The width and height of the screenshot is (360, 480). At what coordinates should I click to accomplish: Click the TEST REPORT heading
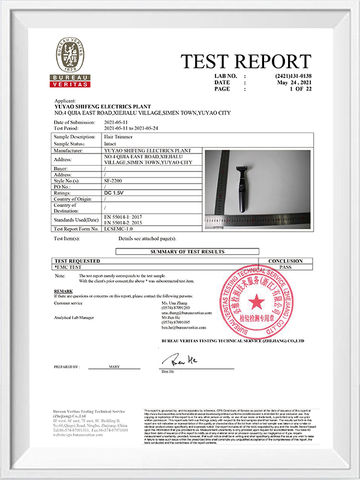pyautogui.click(x=246, y=61)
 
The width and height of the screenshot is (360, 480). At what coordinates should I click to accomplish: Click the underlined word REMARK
pyautogui.click(x=63, y=290)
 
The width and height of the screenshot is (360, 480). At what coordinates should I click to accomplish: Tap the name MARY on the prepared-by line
pyautogui.click(x=114, y=366)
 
